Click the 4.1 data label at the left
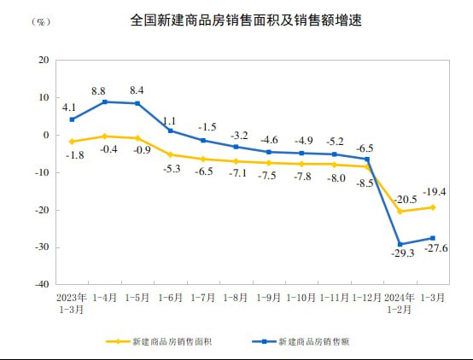pos(69,107)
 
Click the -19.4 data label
pos(436,192)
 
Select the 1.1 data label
pos(170,120)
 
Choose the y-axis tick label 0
pos(46,135)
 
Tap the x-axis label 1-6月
pos(170,298)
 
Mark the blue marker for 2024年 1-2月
pos(400,244)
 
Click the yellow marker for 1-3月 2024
pos(433,207)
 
